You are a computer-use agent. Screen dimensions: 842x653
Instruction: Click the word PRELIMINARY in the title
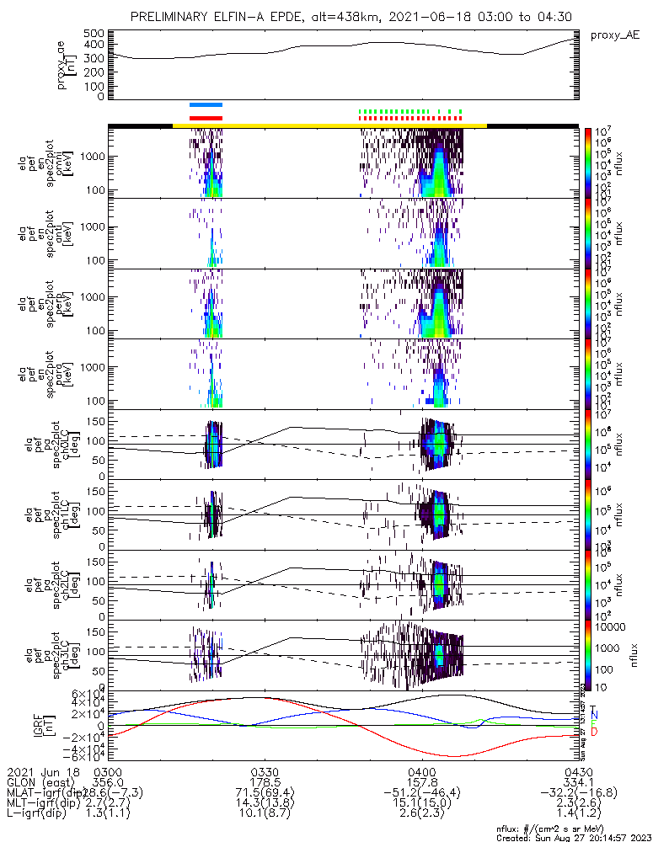173,17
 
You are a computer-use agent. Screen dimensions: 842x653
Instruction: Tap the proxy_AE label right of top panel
615,35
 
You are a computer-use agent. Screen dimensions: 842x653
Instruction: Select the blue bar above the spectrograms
206,104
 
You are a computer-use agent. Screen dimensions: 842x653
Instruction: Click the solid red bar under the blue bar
206,118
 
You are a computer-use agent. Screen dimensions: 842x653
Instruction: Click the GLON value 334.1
578,782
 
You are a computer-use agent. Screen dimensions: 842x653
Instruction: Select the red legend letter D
594,732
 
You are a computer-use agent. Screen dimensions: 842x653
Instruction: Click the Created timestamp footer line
573,837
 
